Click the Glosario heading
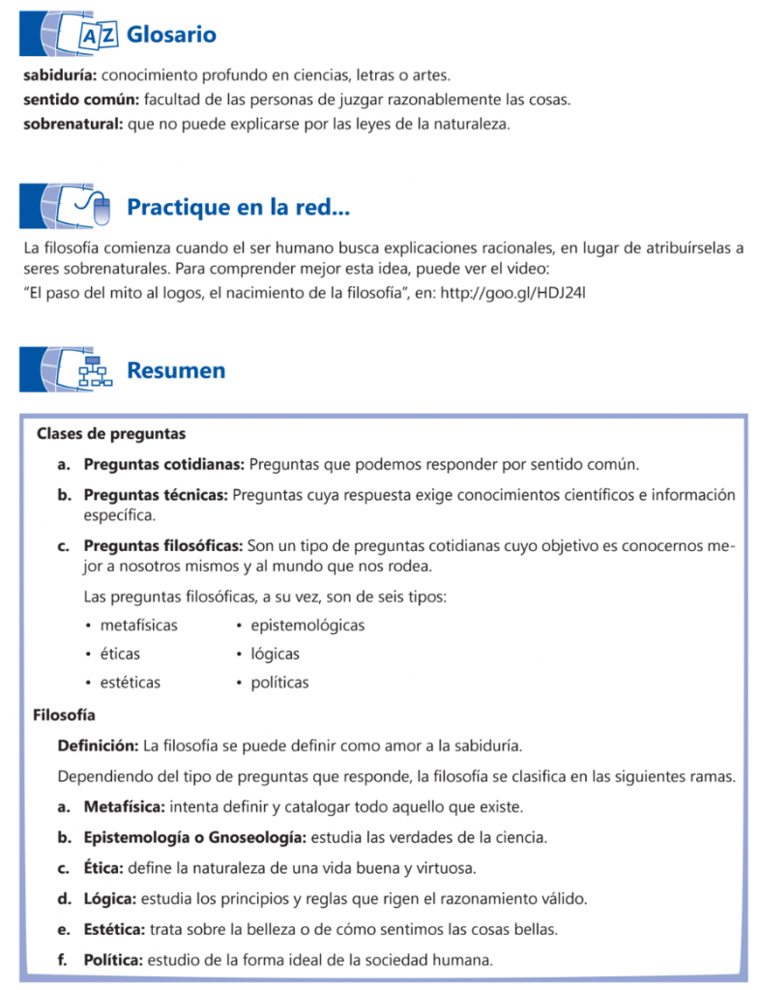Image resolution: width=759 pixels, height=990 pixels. point(171,36)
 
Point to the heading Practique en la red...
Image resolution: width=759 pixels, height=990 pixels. point(238,207)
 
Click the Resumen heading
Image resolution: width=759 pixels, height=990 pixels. point(176,370)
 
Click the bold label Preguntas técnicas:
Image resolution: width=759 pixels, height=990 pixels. point(156,495)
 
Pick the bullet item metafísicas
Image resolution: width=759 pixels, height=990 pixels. point(138,626)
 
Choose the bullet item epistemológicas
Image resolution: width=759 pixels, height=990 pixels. point(307,626)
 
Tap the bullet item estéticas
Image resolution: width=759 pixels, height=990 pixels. point(130,683)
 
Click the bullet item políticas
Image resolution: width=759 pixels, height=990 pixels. point(279,683)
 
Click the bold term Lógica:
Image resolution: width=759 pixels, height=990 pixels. point(110,898)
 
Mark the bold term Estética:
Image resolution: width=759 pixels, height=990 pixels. point(114,929)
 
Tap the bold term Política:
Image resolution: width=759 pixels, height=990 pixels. point(113,960)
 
